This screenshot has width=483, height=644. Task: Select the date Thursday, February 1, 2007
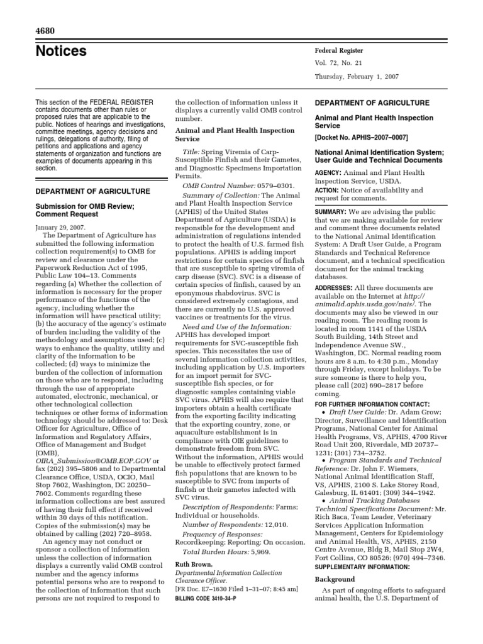(x=356, y=77)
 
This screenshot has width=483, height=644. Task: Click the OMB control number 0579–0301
(x=277, y=186)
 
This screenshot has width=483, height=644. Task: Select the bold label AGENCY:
(x=328, y=173)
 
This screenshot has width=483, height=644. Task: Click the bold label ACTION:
(x=327, y=191)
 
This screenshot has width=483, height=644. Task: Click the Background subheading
(x=335, y=579)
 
